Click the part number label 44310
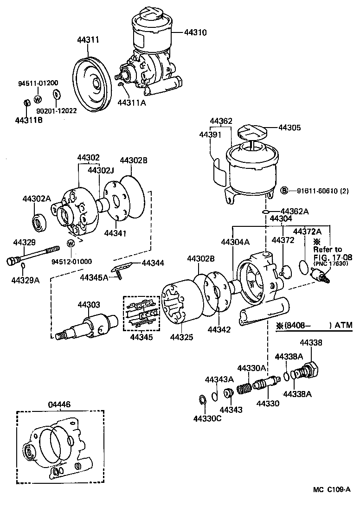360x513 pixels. click(195, 32)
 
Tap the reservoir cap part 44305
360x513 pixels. click(253, 133)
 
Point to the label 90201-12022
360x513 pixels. click(57, 111)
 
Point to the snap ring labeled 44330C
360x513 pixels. click(203, 400)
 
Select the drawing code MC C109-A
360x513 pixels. click(331, 502)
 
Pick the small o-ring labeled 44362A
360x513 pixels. click(265, 212)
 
